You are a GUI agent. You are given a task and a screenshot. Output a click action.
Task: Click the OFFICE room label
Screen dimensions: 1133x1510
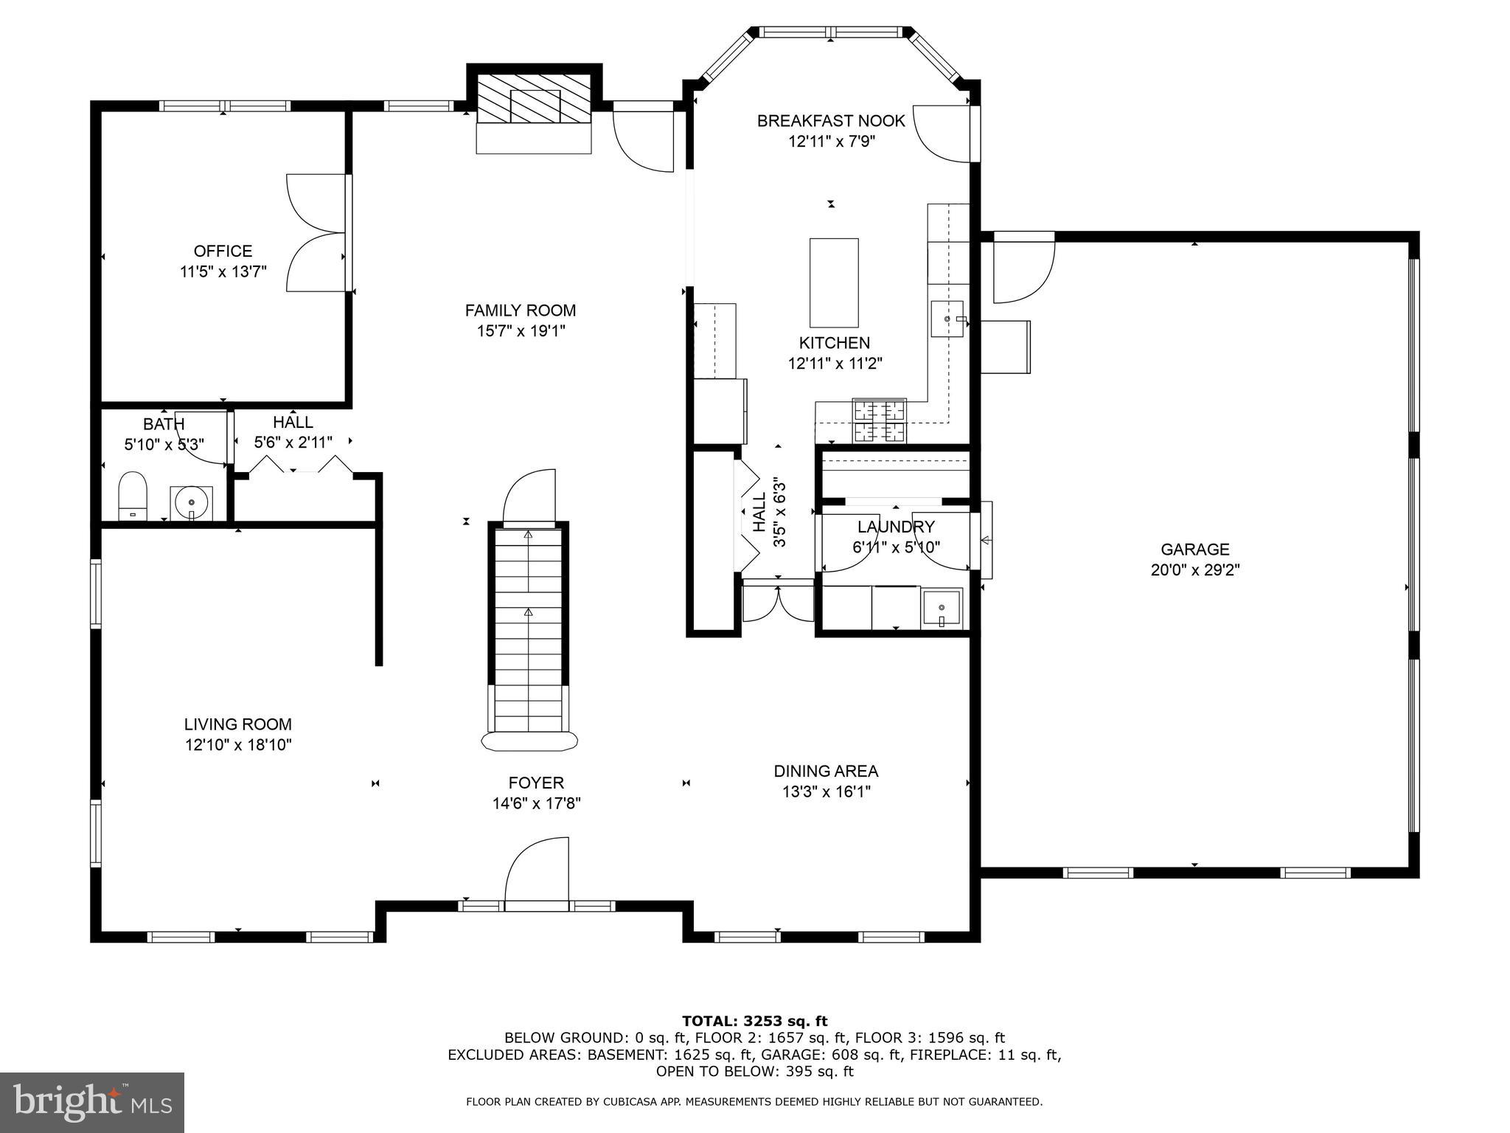click(223, 252)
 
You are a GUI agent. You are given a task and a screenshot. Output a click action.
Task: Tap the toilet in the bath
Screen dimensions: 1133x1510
click(133, 496)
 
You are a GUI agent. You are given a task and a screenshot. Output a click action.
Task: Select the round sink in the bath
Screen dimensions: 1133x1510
click(192, 502)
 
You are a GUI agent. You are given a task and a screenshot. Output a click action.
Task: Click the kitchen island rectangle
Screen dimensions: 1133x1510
click(833, 283)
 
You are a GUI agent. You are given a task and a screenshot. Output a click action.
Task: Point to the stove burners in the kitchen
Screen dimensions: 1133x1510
click(879, 420)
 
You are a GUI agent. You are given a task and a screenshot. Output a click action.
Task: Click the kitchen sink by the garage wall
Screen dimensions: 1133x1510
click(947, 319)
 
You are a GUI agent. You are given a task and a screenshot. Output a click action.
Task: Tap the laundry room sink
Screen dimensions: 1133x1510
click(942, 608)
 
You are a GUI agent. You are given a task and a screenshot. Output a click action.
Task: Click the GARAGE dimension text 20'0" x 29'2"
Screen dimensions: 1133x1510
click(1194, 570)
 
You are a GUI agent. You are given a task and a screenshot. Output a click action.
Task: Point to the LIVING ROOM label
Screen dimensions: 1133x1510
click(237, 724)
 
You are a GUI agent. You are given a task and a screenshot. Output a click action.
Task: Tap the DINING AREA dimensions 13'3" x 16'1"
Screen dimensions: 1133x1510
click(826, 792)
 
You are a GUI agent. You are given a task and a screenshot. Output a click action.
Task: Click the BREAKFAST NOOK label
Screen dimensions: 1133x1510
click(831, 121)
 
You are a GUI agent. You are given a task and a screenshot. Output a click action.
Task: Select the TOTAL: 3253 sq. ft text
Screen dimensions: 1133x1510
click(754, 1022)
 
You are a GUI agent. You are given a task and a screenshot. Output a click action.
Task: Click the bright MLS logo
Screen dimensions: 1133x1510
click(92, 1102)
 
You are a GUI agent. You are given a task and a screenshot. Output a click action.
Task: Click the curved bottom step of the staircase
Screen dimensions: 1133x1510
click(529, 741)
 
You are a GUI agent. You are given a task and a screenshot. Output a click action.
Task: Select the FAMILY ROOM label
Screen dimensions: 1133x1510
click(520, 311)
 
